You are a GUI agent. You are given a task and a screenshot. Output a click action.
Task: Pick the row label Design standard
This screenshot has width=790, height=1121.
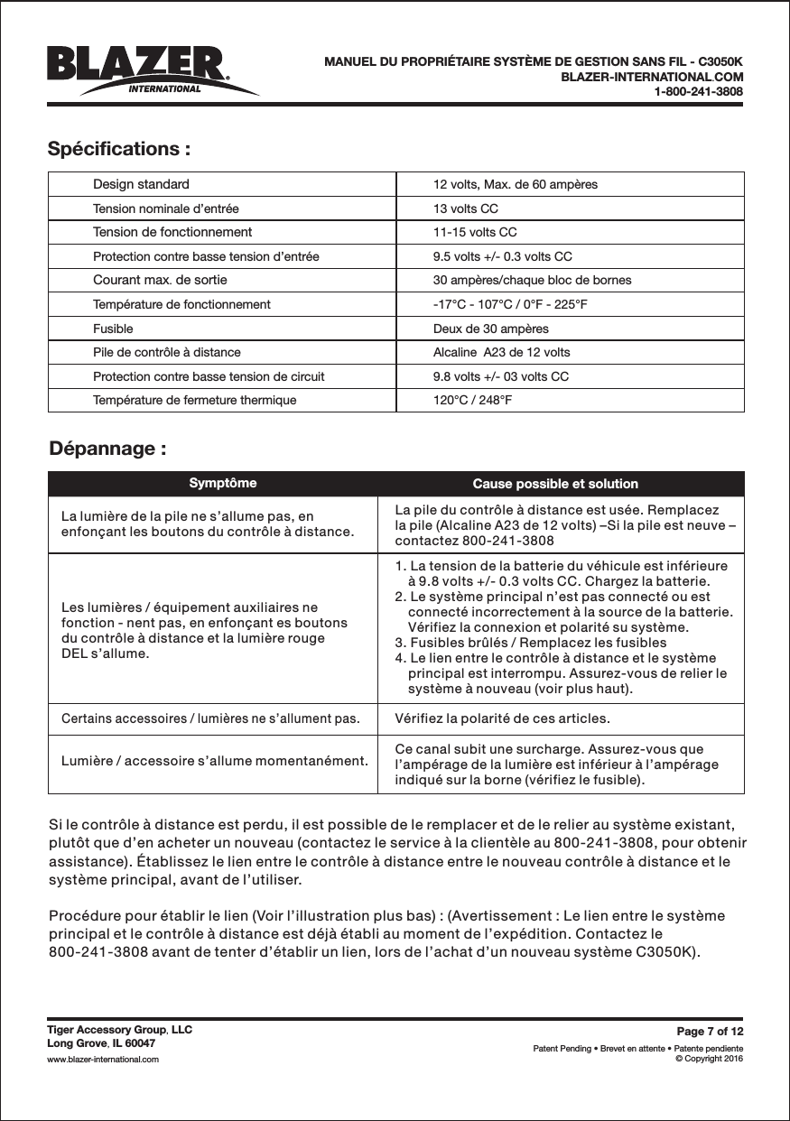point(141,184)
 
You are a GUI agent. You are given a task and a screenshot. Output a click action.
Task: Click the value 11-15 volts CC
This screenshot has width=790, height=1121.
point(475,232)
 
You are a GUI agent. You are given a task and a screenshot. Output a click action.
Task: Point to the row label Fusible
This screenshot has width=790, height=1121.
point(113,329)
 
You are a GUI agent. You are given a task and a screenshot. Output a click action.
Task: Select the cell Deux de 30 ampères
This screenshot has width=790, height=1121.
point(490,329)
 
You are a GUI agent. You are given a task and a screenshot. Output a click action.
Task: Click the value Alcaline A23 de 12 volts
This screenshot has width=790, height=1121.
point(502,352)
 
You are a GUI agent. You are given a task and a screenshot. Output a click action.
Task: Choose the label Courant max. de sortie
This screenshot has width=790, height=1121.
point(160,280)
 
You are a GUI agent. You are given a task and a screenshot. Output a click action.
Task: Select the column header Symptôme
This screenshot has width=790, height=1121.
point(222,483)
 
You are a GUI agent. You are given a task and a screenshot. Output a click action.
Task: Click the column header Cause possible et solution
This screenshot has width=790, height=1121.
point(555,484)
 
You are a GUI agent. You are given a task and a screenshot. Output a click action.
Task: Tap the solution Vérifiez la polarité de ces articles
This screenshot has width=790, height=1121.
point(503,719)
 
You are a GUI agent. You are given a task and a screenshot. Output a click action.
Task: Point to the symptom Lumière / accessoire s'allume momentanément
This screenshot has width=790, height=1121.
point(214,759)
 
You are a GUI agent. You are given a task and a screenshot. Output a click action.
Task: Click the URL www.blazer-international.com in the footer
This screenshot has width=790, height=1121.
point(103,1059)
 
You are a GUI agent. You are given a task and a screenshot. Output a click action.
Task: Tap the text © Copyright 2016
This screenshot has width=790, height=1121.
point(710,1059)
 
